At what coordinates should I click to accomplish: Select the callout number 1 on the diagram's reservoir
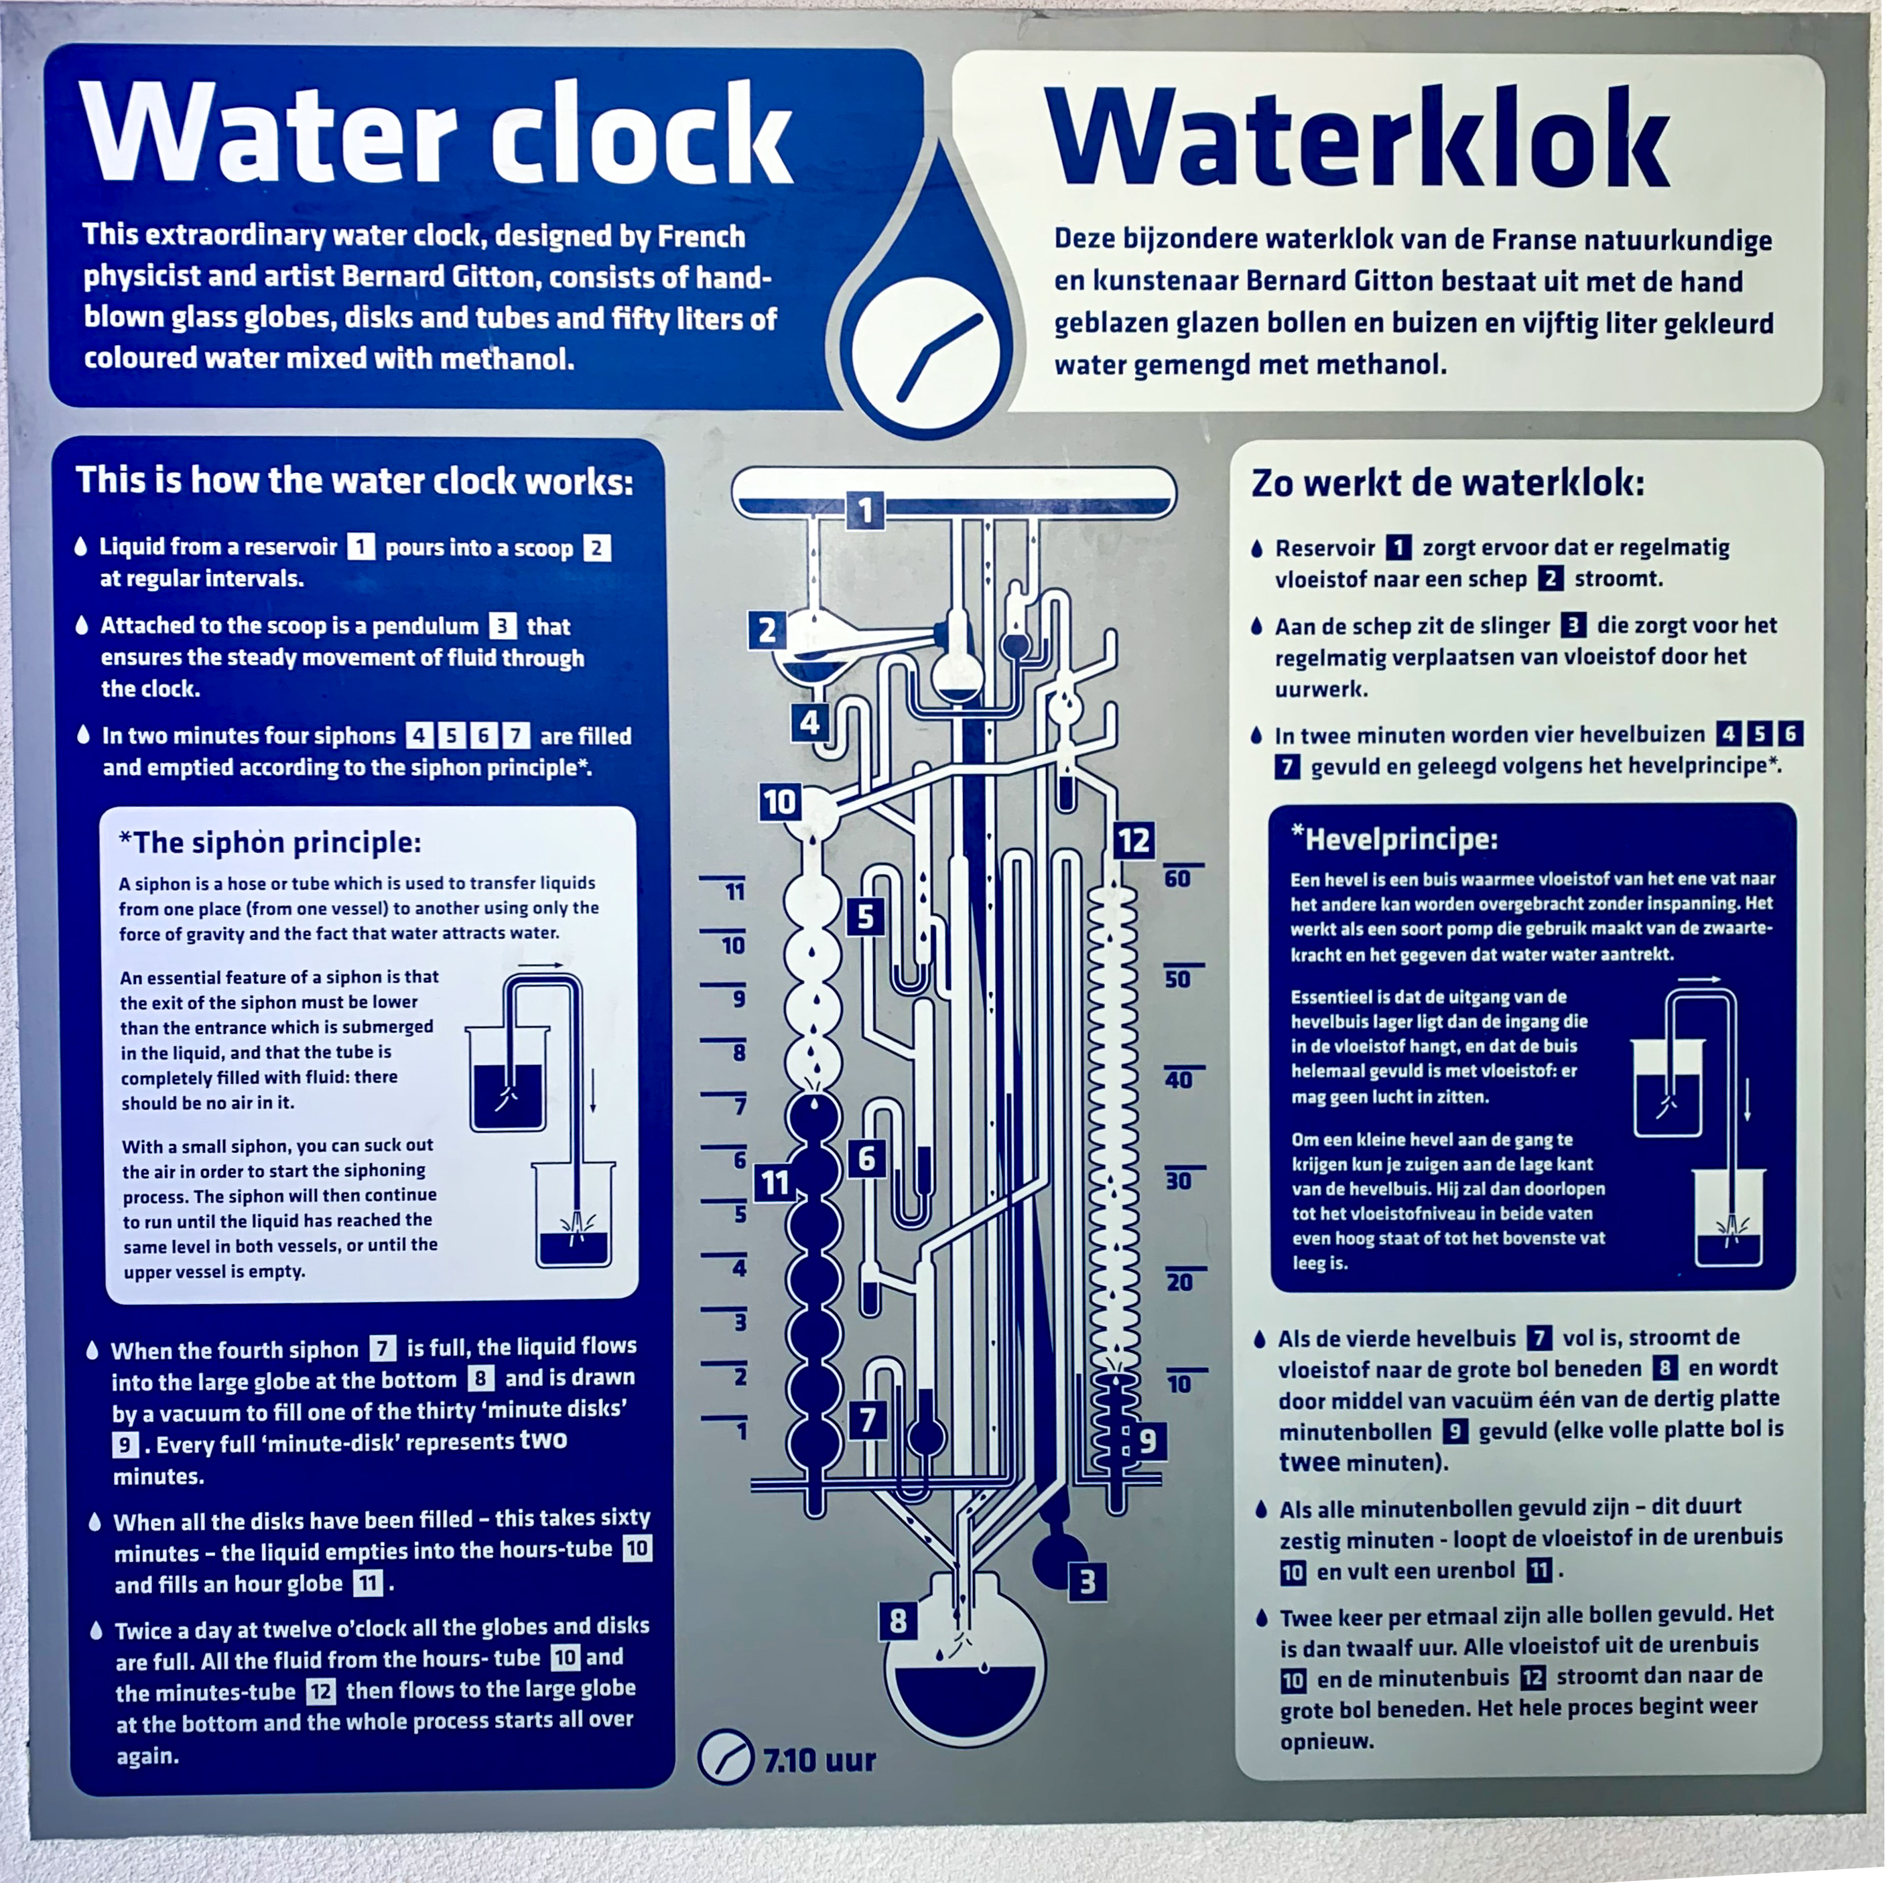(x=865, y=510)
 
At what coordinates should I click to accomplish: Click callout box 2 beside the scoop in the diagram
(x=767, y=630)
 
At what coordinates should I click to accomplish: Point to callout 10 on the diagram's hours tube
(x=779, y=803)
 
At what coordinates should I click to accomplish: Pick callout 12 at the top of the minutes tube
(x=1133, y=840)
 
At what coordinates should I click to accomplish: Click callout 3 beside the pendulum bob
(x=1087, y=1582)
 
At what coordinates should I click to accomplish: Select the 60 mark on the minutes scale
(x=1177, y=879)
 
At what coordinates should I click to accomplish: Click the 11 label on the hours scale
(x=734, y=892)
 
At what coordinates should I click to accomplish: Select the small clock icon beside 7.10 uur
(x=726, y=1756)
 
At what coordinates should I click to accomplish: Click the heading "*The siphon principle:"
(x=269, y=842)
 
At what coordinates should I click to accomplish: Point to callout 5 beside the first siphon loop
(x=865, y=917)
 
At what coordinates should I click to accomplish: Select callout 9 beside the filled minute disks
(x=1147, y=1441)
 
